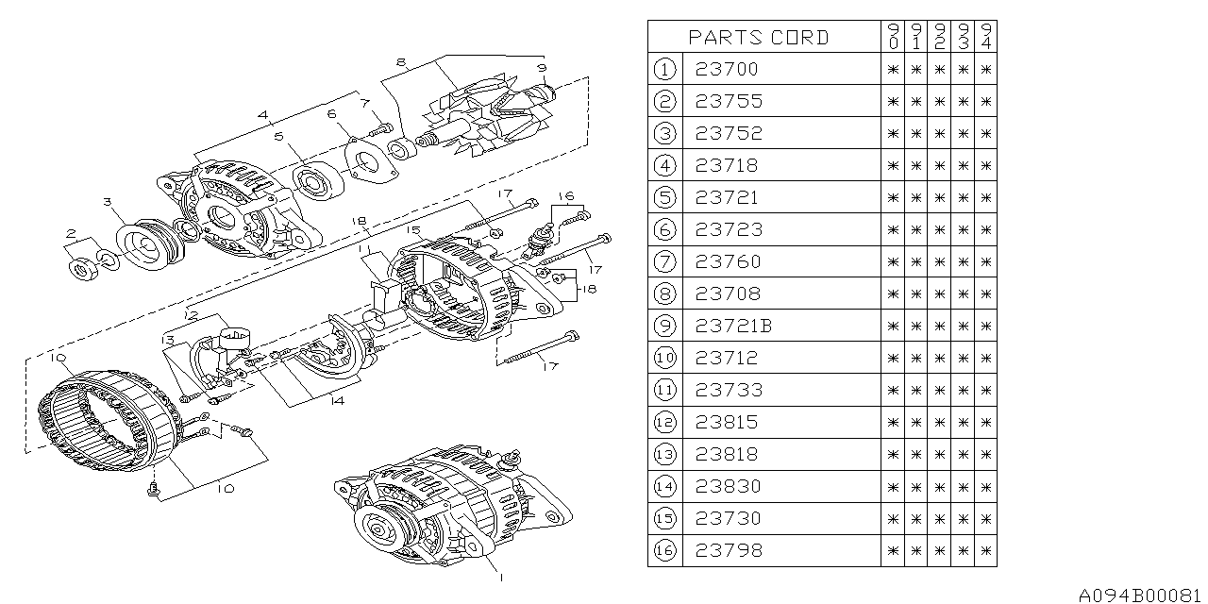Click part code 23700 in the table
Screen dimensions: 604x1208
point(727,69)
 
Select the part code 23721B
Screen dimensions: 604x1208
point(733,326)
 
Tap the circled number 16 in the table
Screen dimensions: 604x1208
point(666,550)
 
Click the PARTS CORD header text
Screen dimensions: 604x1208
point(758,38)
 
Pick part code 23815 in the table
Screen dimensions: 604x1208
point(727,422)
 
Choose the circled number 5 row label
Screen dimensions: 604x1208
point(666,197)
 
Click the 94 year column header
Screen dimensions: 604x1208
point(985,38)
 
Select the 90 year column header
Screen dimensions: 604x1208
point(893,38)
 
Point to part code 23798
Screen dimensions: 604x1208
point(727,550)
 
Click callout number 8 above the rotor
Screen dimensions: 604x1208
point(401,62)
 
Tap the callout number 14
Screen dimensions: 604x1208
point(338,399)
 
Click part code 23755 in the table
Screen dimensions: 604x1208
point(727,101)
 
